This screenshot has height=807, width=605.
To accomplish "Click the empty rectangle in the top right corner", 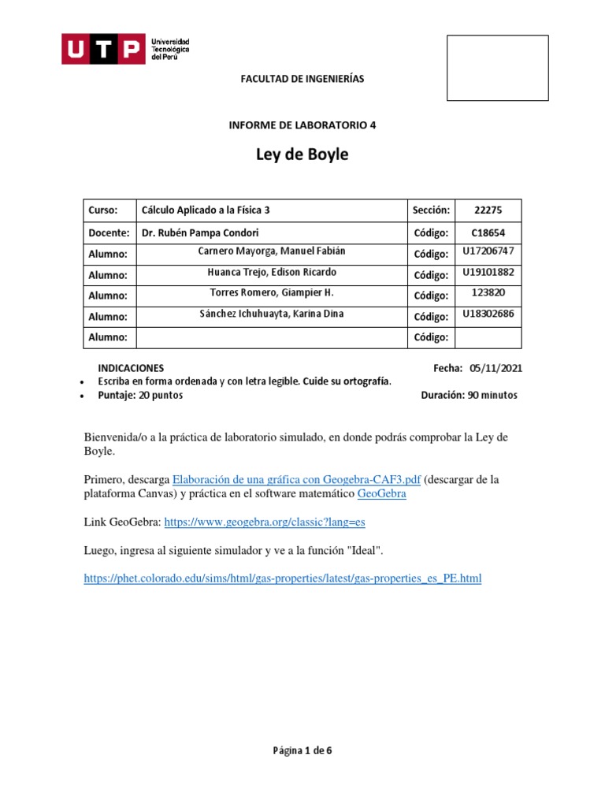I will pos(497,68).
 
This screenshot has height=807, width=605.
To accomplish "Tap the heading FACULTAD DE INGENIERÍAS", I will pos(302,80).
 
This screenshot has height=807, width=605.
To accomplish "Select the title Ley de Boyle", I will pos(302,154).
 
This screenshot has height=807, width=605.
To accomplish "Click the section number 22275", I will pos(488,210).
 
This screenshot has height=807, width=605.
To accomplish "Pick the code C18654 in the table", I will pos(488,233).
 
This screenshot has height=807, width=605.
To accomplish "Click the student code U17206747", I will pos(488,251).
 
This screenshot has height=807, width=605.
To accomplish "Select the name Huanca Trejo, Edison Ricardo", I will pos(272,273).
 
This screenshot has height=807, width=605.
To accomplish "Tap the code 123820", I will pos(488,292).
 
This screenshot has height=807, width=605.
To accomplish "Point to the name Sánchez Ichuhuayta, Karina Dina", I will pos(272,314).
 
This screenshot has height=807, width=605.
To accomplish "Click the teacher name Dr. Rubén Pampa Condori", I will pos(199,233).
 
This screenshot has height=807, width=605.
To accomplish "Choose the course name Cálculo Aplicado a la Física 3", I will pos(206,210).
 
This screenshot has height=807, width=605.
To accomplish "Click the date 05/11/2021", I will pos(496,368).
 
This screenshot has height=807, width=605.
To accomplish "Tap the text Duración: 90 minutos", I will pos(470,396).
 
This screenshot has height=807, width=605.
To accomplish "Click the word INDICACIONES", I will pos(131,368).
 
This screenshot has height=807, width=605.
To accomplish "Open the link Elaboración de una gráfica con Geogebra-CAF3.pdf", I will pos(296,479).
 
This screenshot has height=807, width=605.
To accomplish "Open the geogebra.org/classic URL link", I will pos(265,523).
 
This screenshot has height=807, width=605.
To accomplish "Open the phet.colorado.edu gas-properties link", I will pos(282,578).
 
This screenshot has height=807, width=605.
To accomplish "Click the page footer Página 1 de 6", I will pos(302,750).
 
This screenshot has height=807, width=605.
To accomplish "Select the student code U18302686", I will pos(488,314).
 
